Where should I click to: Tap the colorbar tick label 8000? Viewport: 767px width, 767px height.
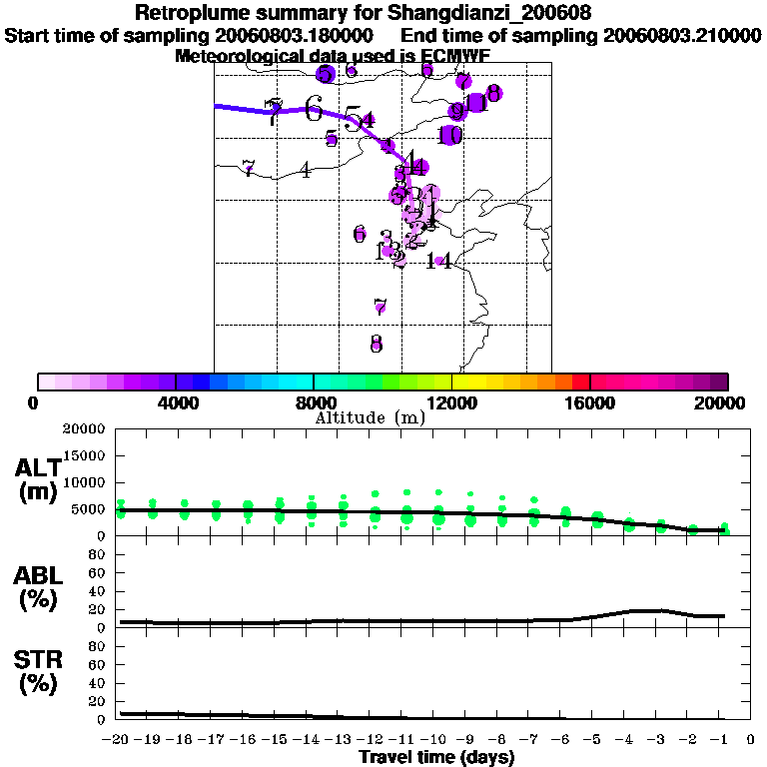[x=314, y=402]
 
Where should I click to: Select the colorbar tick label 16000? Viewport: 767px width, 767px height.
[x=590, y=402]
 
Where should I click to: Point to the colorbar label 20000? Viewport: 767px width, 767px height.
[x=722, y=402]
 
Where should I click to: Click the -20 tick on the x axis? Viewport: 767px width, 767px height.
[x=119, y=740]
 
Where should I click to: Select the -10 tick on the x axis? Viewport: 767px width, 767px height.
[x=436, y=740]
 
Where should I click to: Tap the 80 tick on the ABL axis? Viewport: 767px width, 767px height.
[x=97, y=554]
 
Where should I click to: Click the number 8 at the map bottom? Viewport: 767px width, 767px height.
[x=376, y=344]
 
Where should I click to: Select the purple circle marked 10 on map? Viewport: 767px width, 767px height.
[x=450, y=135]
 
